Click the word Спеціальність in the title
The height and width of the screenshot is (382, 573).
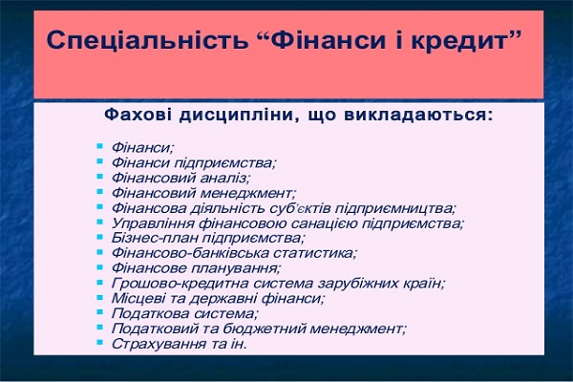click(x=147, y=40)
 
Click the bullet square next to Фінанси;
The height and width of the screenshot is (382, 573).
click(x=99, y=146)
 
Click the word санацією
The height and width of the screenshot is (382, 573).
click(x=321, y=223)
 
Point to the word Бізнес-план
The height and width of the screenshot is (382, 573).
click(x=155, y=238)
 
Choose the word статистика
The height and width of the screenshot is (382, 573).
click(x=314, y=253)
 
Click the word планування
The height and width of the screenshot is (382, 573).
click(x=235, y=268)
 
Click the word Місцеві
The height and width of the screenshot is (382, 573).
click(x=138, y=298)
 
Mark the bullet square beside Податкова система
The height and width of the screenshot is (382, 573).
click(x=99, y=312)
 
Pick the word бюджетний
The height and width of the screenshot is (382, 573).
click(x=264, y=329)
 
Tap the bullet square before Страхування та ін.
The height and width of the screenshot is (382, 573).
click(x=99, y=343)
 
